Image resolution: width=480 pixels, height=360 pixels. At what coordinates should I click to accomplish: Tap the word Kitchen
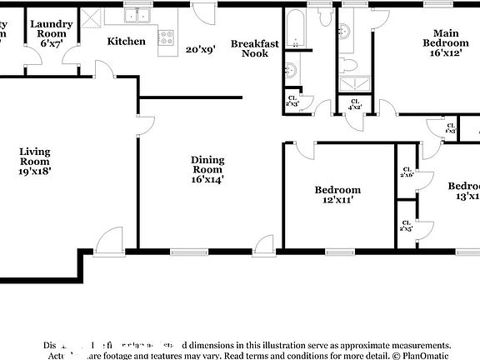pos(126,41)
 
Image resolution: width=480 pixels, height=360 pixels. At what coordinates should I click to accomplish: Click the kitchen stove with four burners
pos(166,37)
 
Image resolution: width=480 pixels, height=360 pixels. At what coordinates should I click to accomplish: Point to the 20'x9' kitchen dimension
pos(200,49)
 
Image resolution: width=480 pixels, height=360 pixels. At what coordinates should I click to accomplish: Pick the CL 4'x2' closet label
pos(354,104)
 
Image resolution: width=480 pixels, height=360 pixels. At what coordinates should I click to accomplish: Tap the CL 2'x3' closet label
pos(292,102)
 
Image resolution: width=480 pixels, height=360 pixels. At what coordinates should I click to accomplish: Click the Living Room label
pos(36,156)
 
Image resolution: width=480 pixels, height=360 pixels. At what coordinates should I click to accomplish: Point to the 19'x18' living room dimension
pos(36,171)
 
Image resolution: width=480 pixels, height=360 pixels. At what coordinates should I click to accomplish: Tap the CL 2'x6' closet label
pos(407,172)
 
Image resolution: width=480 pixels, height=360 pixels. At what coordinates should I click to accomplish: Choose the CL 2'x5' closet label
pos(406,225)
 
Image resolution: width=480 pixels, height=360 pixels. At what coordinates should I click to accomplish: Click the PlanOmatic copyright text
pos(422,355)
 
